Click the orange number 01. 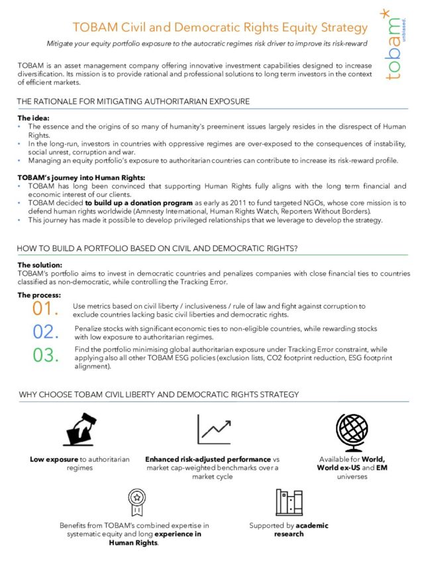tap(46, 309)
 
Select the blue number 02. tap(46, 331)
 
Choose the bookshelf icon tap(289, 503)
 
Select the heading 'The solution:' tap(40, 264)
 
